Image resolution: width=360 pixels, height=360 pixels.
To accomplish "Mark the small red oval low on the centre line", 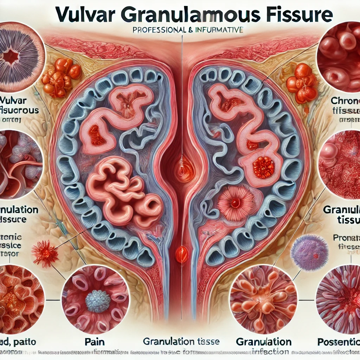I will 181,254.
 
